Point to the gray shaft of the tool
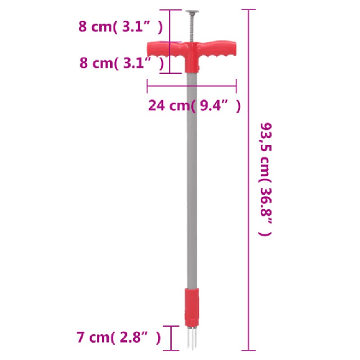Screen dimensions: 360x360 pos(191,180)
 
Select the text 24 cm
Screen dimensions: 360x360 pos(167,106)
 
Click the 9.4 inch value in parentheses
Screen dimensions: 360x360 pos(216,106)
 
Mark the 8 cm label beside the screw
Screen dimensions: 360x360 pos(96,27)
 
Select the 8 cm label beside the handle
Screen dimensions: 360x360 pos(96,63)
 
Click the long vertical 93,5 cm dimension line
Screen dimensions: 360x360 pos(249,180)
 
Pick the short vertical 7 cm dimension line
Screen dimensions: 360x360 pos(170,336)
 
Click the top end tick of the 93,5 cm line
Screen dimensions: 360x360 pos(249,10)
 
